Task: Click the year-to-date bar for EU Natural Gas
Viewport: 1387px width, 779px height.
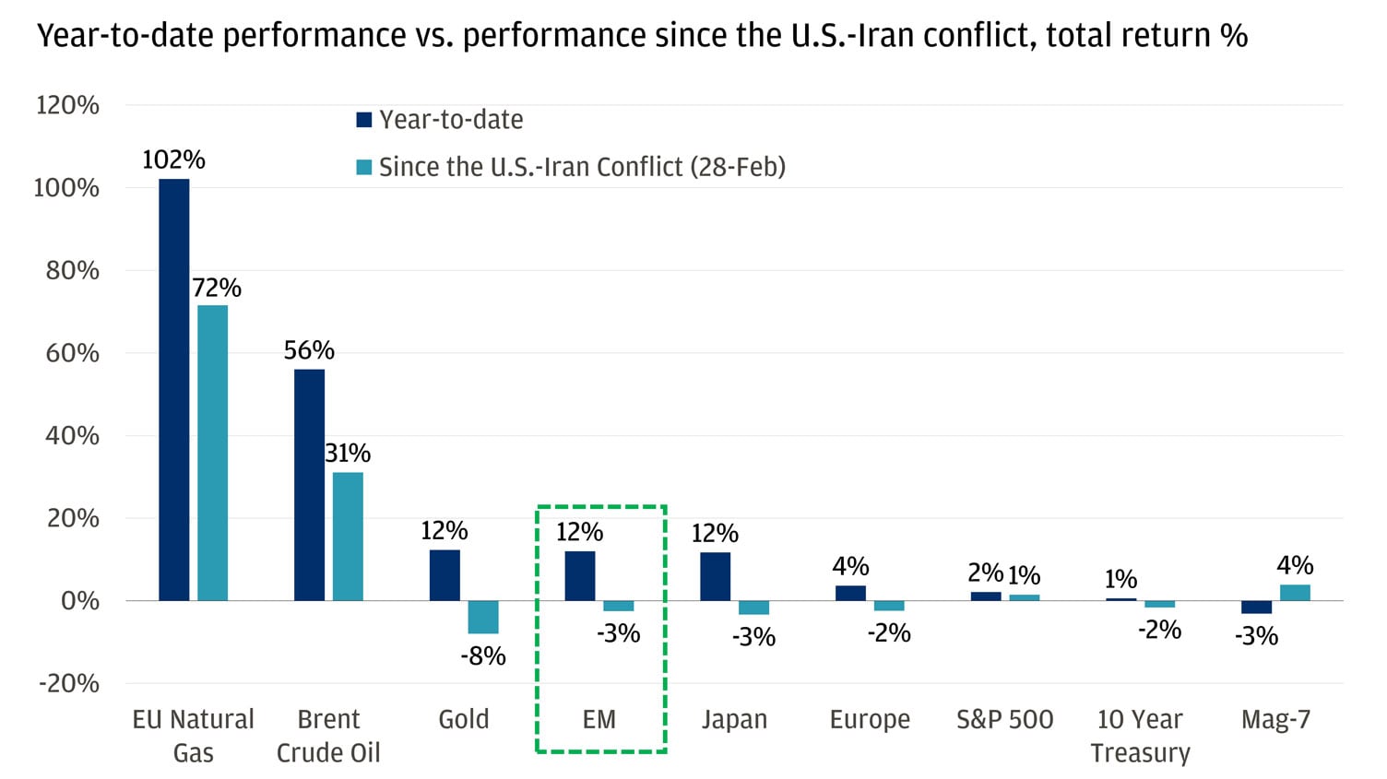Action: click(174, 389)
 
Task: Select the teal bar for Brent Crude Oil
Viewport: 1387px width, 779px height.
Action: click(348, 537)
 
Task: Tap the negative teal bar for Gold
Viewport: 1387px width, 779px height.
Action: click(483, 617)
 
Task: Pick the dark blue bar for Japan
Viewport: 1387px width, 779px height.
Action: click(716, 576)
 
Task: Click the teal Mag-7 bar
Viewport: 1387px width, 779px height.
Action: click(1295, 593)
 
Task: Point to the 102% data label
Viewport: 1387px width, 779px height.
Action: click(173, 159)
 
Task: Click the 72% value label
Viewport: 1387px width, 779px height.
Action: click(217, 288)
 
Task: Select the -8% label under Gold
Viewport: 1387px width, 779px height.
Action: click(483, 656)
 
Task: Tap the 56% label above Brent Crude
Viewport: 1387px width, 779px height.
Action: click(309, 350)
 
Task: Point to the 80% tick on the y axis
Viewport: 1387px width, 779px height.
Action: click(72, 270)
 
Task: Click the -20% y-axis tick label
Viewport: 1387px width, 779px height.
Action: click(68, 683)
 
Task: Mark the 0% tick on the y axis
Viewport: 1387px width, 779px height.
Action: click(79, 601)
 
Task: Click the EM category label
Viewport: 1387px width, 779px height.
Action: click(599, 719)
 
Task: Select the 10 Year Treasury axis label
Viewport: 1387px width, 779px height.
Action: click(1140, 736)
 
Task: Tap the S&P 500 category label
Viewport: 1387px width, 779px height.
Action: click(1004, 719)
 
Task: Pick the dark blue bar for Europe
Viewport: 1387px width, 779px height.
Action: click(850, 593)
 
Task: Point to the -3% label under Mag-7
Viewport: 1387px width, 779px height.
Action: click(1256, 636)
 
